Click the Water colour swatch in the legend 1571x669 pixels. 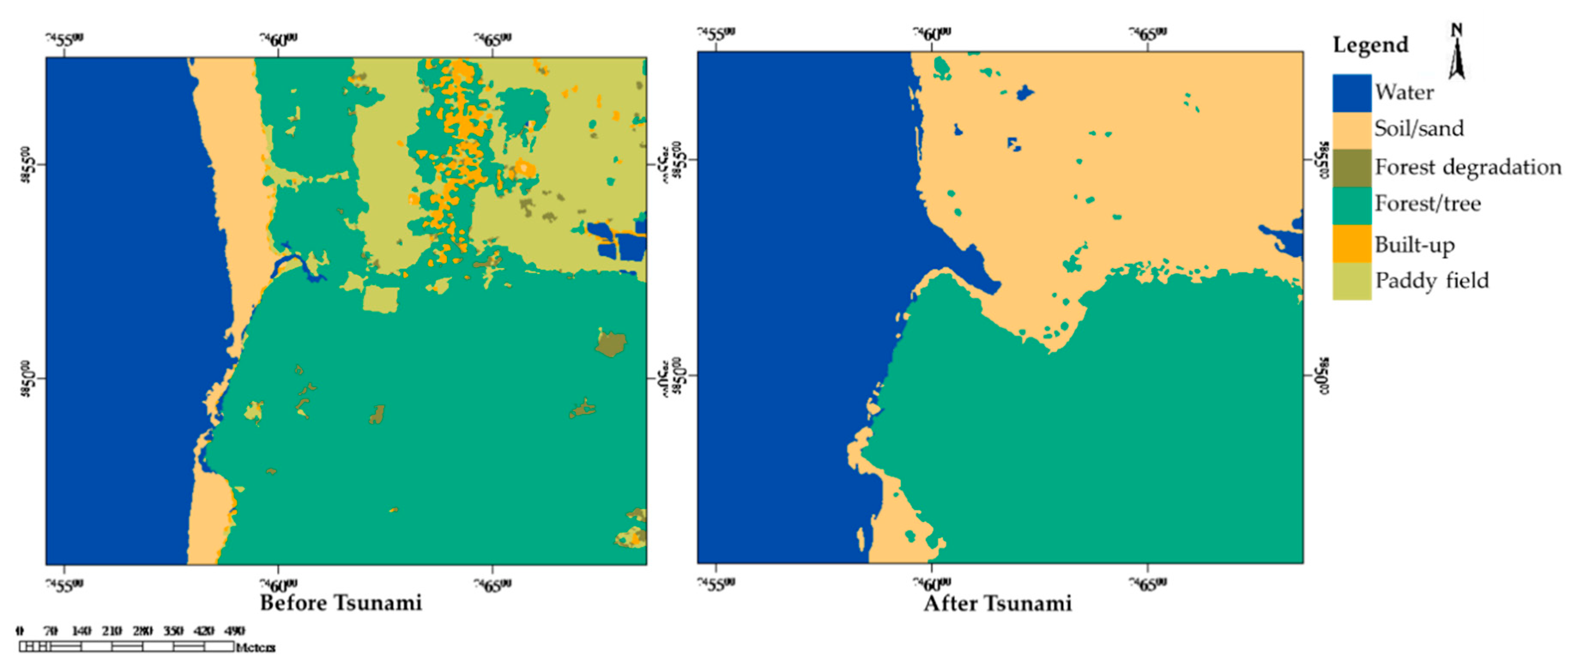tap(1351, 93)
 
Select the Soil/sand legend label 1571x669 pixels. tap(1419, 129)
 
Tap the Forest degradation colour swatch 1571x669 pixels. tap(1351, 168)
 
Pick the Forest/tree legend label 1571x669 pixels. tap(1427, 204)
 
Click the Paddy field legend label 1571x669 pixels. tap(1431, 280)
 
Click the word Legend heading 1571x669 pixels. tap(1370, 45)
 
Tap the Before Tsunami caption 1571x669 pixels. tap(340, 603)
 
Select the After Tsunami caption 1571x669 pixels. tap(997, 603)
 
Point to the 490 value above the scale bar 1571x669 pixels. tap(235, 630)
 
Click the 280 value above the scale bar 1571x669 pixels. tap(143, 630)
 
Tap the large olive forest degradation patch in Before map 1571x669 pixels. tap(610, 344)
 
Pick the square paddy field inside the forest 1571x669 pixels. tap(381, 299)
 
